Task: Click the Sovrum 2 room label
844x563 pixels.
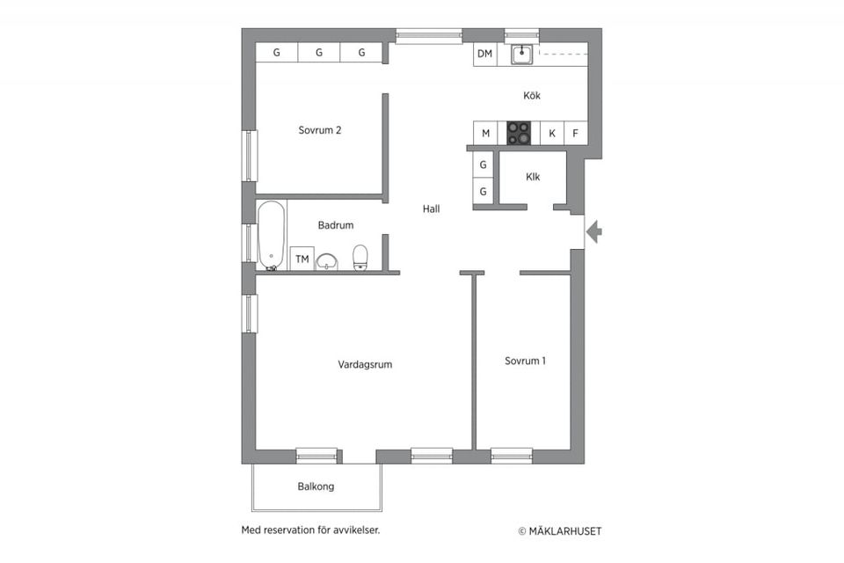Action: point(319,130)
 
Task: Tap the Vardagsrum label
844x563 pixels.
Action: point(365,364)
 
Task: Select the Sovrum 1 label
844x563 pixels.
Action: point(525,361)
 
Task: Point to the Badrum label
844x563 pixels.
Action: point(336,225)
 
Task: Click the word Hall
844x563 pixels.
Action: point(431,209)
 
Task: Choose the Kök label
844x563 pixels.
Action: point(531,95)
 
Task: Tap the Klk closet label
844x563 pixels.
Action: point(533,177)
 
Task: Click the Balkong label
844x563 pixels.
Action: point(316,486)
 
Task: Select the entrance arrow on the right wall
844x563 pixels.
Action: point(594,232)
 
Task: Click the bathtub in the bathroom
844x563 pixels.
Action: point(271,235)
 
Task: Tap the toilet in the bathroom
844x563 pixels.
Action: point(360,257)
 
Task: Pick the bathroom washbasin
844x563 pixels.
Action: point(328,260)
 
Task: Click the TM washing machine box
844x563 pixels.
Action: point(302,259)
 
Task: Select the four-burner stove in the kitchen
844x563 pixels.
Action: point(520,134)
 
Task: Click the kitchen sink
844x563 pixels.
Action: point(521,55)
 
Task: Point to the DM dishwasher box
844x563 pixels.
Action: point(484,55)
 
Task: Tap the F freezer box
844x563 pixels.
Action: point(576,134)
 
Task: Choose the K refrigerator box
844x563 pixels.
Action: point(551,134)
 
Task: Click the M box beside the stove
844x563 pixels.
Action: point(484,134)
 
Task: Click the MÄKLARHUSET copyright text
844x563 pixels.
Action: point(560,530)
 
